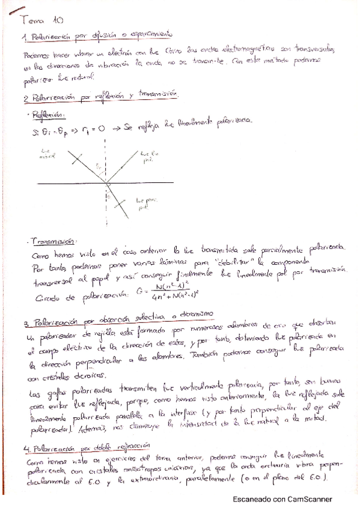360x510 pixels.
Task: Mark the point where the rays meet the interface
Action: pyautogui.click(x=108, y=182)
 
